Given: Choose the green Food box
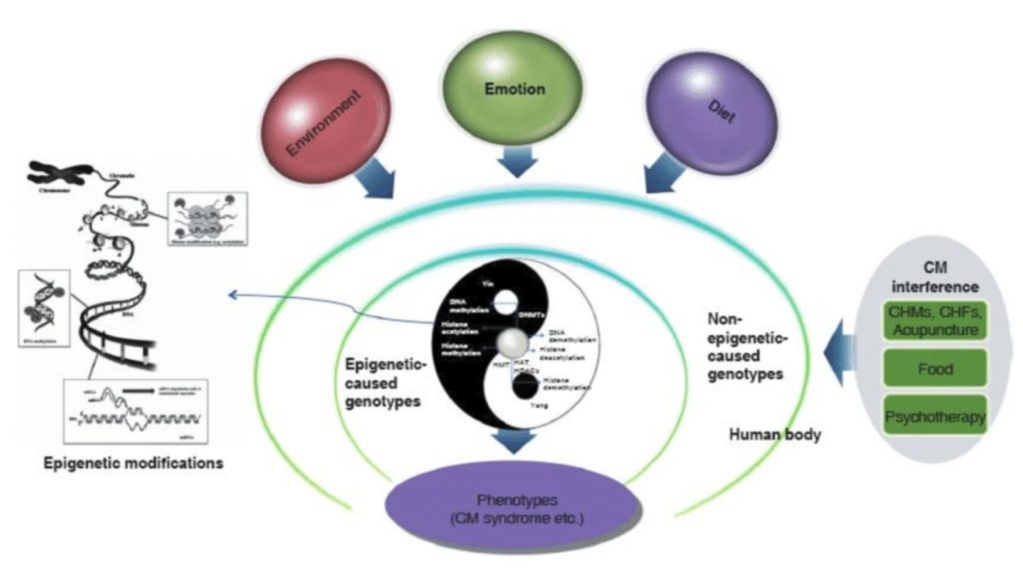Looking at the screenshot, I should [934, 369].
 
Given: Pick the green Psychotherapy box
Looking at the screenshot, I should [934, 415].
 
